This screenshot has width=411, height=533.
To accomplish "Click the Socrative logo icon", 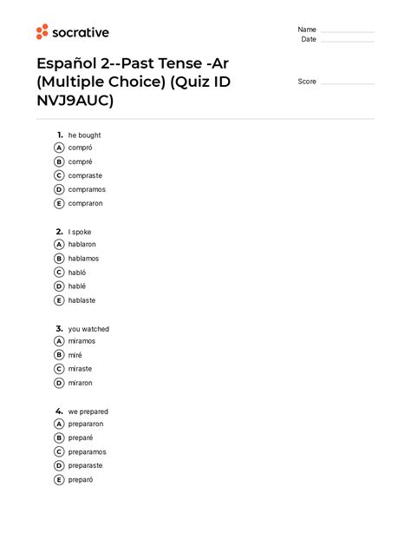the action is [x=42, y=32].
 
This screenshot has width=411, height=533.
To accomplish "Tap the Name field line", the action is [x=347, y=31].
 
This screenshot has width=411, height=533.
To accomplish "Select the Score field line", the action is [x=347, y=83].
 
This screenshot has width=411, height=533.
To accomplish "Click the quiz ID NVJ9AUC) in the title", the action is [x=75, y=102].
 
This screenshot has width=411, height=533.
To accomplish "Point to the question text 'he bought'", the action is [x=85, y=135].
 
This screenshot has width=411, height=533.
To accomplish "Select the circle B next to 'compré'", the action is [x=59, y=161].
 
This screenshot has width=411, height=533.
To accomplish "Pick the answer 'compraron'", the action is [x=85, y=203].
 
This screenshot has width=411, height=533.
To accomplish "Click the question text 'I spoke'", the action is [x=80, y=232].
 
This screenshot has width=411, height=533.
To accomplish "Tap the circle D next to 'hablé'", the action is [x=59, y=286].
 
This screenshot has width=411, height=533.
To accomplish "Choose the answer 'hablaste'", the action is [x=82, y=300].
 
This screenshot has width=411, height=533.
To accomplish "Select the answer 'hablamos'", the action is [x=83, y=258].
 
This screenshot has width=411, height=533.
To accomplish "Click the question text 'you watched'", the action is [x=88, y=329].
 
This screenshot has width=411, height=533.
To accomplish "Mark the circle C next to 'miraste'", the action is [x=59, y=369].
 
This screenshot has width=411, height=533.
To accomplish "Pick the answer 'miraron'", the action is [x=80, y=383].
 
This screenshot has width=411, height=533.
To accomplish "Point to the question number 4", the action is [x=58, y=411].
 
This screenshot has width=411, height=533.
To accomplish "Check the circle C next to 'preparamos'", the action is [x=59, y=451].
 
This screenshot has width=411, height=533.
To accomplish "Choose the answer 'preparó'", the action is [x=80, y=479].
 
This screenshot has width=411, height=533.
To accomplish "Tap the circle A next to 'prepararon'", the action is [x=59, y=424].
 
